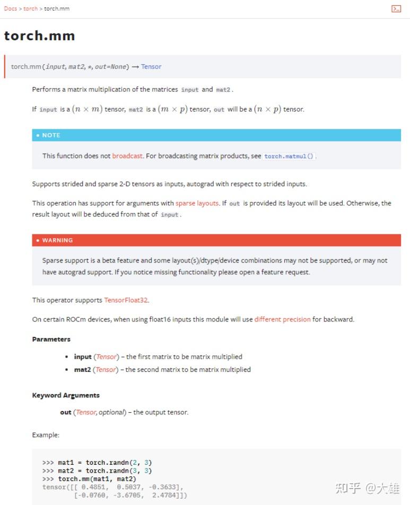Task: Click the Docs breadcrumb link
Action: [10, 8]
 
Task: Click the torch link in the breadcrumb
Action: [30, 8]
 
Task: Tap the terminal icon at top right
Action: [396, 8]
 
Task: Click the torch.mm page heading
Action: [39, 36]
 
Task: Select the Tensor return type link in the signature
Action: [151, 67]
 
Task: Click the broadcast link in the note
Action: [127, 156]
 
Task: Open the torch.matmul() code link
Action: [289, 156]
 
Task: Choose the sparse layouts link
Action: [197, 203]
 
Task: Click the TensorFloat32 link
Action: [126, 300]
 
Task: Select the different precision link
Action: [282, 319]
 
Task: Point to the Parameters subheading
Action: [51, 339]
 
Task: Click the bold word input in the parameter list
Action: [83, 357]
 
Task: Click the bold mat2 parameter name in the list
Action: [82, 370]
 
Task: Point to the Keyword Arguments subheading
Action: [66, 396]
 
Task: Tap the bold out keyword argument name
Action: [66, 412]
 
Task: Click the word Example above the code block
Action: [46, 435]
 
